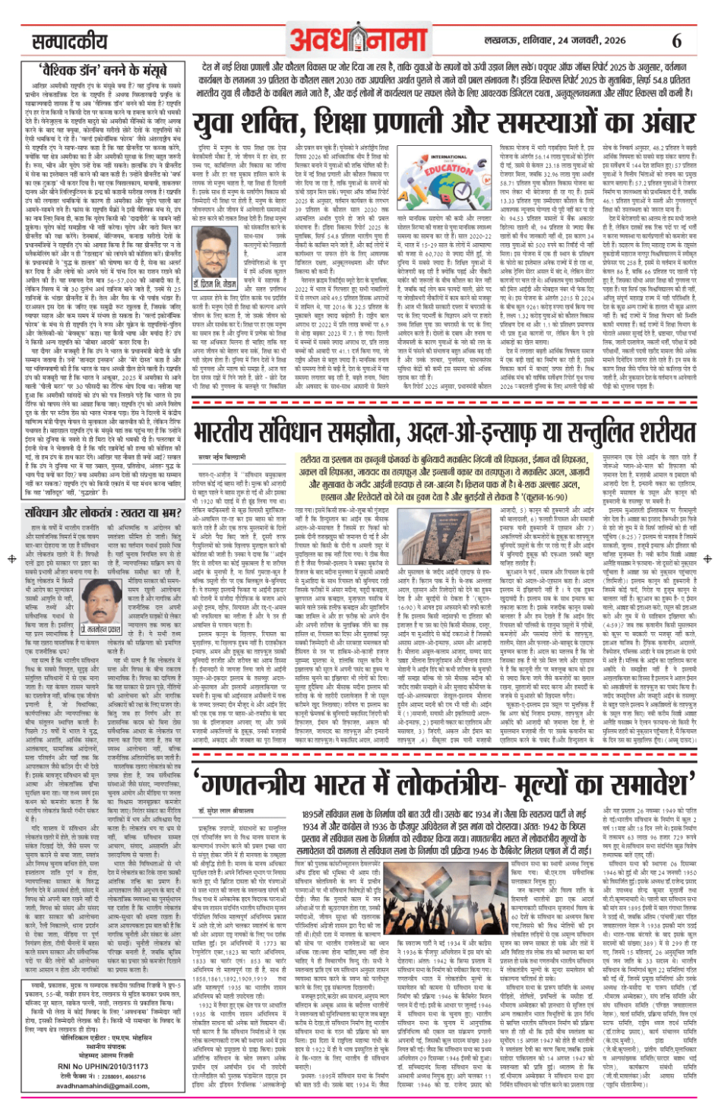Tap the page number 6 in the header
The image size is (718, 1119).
676,40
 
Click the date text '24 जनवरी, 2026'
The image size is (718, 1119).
586,40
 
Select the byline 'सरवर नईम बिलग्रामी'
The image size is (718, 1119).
222,458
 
